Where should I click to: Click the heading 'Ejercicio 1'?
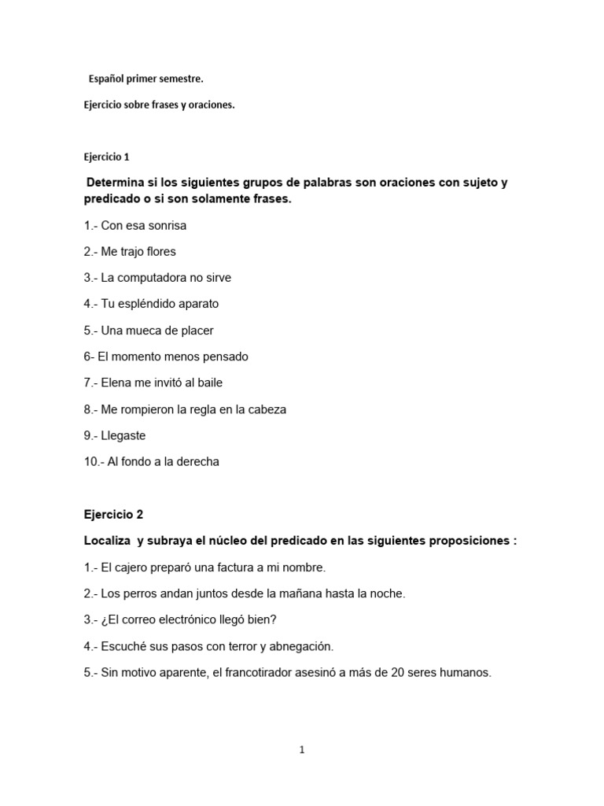click(x=110, y=157)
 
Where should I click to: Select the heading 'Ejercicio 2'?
click(x=113, y=515)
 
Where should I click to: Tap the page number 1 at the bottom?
click(x=301, y=750)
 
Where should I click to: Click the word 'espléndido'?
click(x=149, y=304)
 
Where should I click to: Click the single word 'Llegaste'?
click(x=123, y=435)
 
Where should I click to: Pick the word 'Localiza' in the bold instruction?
click(x=108, y=541)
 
